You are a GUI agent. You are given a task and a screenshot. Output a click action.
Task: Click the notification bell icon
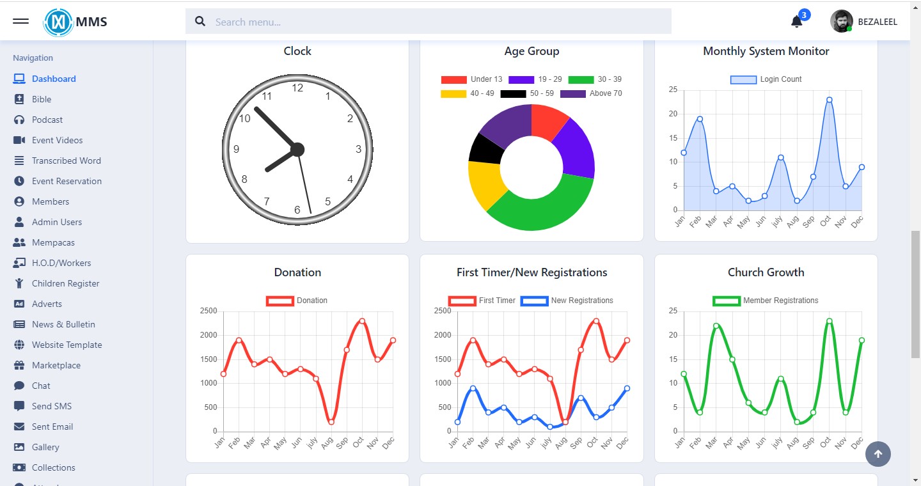796,22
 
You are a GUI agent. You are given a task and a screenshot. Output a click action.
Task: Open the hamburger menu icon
20,21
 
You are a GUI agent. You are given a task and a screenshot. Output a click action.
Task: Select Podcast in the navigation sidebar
47,120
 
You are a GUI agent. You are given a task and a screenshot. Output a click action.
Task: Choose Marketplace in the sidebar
56,365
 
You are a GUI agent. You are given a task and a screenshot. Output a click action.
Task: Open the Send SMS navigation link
52,406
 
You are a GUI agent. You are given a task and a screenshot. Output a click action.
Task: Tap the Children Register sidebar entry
65,283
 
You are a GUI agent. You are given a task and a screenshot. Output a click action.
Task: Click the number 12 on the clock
297,88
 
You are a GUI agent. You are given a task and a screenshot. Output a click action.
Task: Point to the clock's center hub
297,150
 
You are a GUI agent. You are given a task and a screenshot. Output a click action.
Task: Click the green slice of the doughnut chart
544,205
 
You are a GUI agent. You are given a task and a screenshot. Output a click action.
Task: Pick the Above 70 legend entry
591,93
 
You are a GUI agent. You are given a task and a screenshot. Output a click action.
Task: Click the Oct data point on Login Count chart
829,100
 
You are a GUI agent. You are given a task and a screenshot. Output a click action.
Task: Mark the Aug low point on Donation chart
331,422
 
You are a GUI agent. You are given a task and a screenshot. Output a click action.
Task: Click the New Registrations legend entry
568,301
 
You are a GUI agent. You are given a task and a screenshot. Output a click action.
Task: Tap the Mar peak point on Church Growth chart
716,325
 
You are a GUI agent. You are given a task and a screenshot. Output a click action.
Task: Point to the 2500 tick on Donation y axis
209,311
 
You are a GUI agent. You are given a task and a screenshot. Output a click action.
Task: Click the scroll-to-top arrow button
878,454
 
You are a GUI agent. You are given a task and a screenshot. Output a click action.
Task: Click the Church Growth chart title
766,272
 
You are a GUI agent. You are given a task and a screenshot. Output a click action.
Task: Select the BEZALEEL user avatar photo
841,22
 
